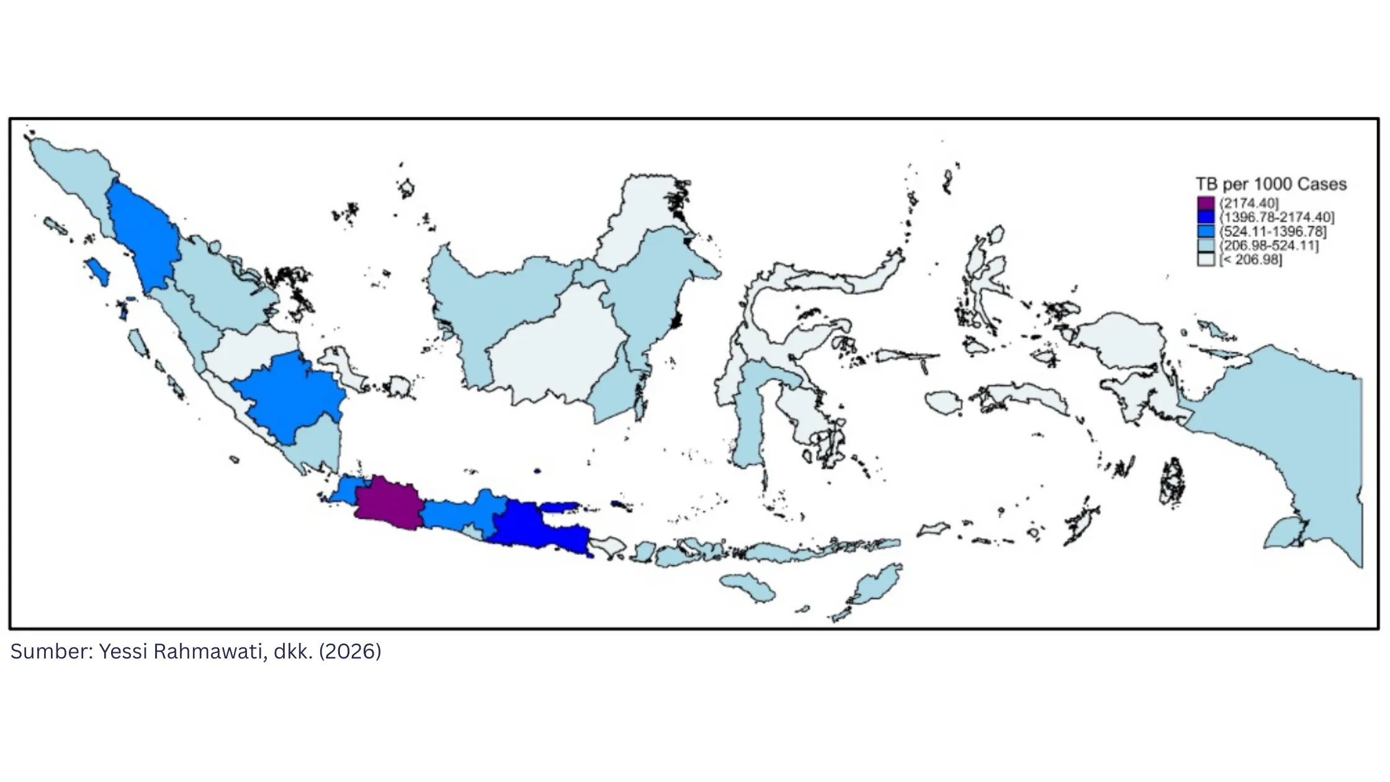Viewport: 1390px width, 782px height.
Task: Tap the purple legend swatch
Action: point(1206,203)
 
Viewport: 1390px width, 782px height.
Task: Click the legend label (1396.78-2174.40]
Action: point(1276,217)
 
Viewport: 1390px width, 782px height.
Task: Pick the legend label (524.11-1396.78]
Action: point(1273,231)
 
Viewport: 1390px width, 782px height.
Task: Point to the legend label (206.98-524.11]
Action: point(1269,245)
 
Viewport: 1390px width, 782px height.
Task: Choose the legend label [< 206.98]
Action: point(1250,259)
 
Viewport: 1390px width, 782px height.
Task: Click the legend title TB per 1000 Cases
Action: point(1271,184)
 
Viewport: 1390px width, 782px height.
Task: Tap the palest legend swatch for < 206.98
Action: point(1206,259)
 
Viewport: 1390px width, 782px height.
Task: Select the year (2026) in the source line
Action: point(350,651)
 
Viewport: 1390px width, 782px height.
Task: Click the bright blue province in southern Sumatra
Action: point(289,397)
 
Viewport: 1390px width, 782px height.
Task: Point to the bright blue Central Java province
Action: point(462,512)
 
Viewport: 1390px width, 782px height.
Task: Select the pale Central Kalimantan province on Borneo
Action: point(558,348)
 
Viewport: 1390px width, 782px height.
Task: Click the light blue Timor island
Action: point(875,586)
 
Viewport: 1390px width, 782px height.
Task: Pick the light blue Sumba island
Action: point(748,586)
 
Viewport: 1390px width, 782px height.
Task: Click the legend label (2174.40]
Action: point(1249,203)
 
